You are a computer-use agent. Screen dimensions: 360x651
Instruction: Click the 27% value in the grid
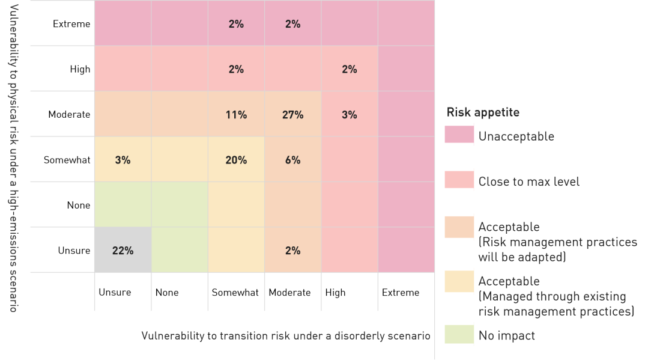(292, 115)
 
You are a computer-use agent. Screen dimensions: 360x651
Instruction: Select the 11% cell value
(236, 115)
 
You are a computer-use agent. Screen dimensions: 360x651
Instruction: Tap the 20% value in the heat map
(236, 160)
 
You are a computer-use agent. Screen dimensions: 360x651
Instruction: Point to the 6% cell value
(292, 160)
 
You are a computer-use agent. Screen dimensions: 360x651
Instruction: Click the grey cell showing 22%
(123, 251)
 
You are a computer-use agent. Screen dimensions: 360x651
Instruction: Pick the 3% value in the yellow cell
(123, 160)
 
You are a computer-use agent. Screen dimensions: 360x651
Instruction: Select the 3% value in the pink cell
(350, 115)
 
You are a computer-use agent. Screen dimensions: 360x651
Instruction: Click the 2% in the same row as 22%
(292, 251)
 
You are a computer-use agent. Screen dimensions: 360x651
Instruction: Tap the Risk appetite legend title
(482, 112)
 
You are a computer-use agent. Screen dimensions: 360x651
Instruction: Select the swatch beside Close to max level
(459, 181)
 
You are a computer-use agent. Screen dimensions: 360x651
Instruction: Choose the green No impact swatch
(459, 335)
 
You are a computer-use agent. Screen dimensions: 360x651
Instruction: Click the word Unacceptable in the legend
(516, 136)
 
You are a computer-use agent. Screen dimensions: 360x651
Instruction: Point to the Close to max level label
(528, 182)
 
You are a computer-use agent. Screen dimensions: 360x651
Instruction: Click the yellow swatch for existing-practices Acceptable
(459, 281)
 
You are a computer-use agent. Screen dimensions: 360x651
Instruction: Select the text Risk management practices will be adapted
(557, 249)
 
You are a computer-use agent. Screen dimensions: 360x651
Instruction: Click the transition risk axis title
(285, 335)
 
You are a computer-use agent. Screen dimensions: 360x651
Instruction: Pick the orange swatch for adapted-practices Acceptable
(459, 227)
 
